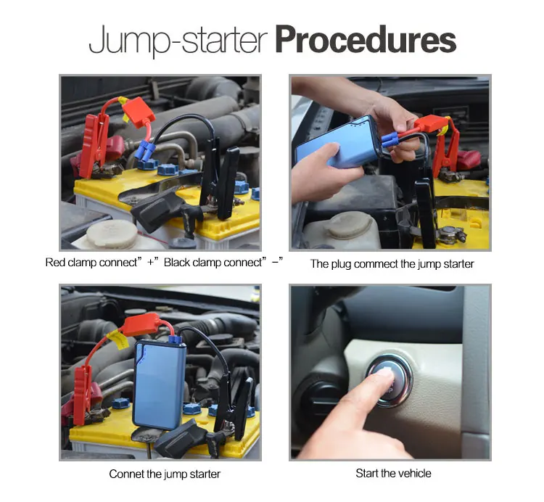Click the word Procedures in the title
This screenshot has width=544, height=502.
[366, 40]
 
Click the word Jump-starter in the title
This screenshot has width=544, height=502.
[178, 40]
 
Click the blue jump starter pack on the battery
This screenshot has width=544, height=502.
[160, 384]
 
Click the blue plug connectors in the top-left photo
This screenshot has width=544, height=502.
[145, 151]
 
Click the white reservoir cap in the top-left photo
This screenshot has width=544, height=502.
[112, 234]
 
